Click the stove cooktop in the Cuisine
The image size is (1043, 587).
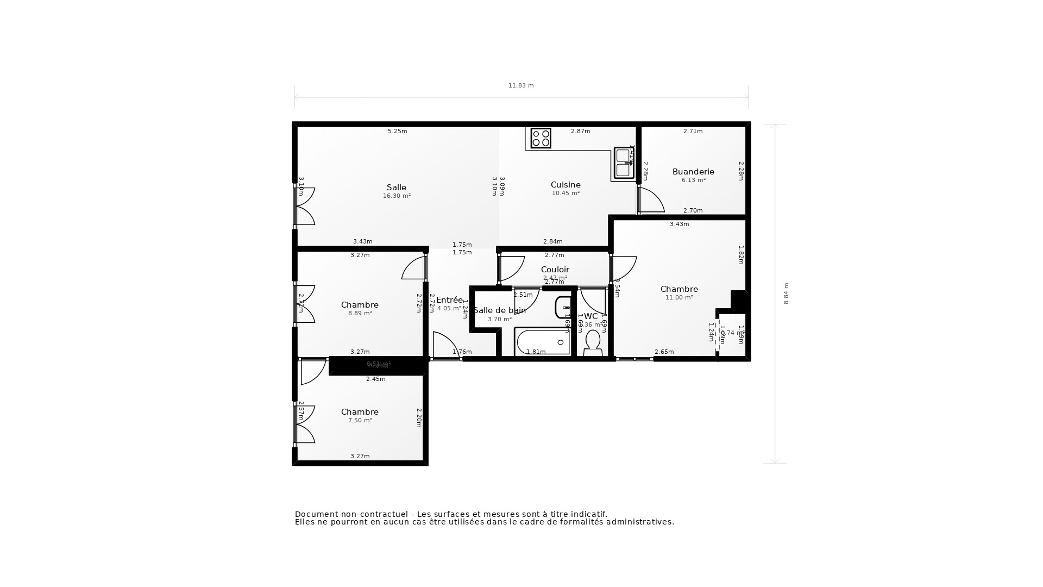(541, 138)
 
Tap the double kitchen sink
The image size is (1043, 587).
(623, 163)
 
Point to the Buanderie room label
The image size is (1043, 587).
(693, 172)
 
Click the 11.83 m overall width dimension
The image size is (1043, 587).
(521, 85)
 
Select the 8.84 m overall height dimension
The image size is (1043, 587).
(786, 293)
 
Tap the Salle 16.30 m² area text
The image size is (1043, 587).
(397, 196)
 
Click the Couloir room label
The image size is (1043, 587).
(555, 270)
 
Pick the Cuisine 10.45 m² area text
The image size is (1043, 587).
(566, 193)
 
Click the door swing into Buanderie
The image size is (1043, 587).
(651, 201)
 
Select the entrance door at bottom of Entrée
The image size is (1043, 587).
(445, 346)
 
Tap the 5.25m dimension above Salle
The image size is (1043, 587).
(397, 131)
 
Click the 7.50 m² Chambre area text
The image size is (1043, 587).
(360, 421)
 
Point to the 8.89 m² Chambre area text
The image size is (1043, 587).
(360, 314)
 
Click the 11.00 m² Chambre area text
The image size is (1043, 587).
(679, 298)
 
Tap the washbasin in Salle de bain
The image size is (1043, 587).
(563, 308)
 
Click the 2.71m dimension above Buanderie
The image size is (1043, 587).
(693, 131)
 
